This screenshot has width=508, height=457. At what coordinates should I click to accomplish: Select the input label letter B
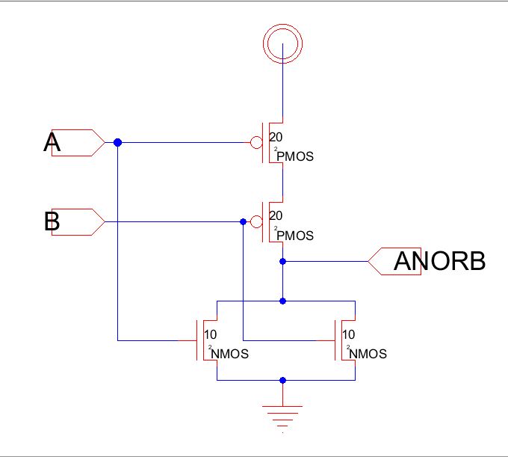(52, 221)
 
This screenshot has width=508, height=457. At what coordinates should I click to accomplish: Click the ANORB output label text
(440, 261)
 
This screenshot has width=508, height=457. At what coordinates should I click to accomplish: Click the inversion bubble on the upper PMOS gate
(256, 142)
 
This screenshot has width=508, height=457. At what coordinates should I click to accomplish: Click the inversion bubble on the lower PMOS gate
(256, 221)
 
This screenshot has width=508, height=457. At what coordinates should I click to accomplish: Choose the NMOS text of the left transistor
(229, 354)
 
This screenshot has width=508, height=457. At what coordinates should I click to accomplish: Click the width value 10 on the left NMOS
(211, 334)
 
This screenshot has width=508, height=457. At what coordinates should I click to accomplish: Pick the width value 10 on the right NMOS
(349, 334)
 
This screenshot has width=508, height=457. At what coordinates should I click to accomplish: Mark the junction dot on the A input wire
(117, 142)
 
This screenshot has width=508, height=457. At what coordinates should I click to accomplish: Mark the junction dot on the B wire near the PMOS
(243, 221)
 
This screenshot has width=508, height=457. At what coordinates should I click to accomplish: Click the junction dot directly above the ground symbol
(282, 380)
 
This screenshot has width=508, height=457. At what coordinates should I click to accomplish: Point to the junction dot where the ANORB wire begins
(282, 261)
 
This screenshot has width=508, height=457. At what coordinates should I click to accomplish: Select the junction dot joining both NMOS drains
(282, 301)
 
